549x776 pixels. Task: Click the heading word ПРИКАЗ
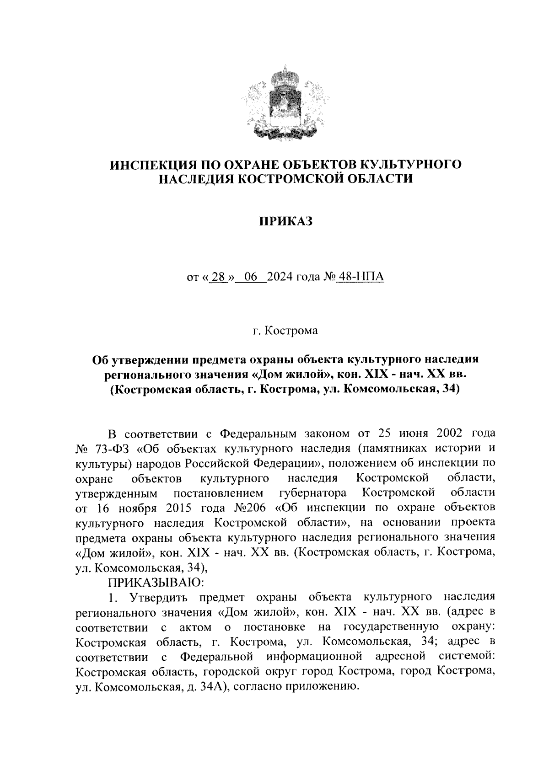[285, 222]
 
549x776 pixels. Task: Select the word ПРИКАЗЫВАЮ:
[156, 583]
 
